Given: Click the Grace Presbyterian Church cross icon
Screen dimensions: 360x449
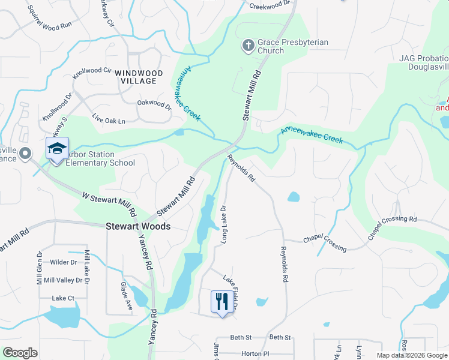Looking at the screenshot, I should [248, 45].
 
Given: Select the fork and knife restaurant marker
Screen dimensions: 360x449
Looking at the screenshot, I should [221, 301].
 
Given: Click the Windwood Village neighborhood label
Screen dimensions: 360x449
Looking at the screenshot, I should [139, 77].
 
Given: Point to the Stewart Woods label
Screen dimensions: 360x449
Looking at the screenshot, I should [138, 227].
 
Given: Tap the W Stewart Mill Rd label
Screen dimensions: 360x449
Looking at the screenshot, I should [109, 205].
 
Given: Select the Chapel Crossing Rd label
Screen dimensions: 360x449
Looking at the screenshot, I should [392, 228].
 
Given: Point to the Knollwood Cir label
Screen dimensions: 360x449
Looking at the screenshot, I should [92, 74].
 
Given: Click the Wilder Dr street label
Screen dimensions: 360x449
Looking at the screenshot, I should [64, 262].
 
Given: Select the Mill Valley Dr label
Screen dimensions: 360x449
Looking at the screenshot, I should [64, 280].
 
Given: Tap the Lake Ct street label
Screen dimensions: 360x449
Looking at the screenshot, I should [63, 298].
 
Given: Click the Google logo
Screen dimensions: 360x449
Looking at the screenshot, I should [20, 353].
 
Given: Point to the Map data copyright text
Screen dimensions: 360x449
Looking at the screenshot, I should [411, 355].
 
